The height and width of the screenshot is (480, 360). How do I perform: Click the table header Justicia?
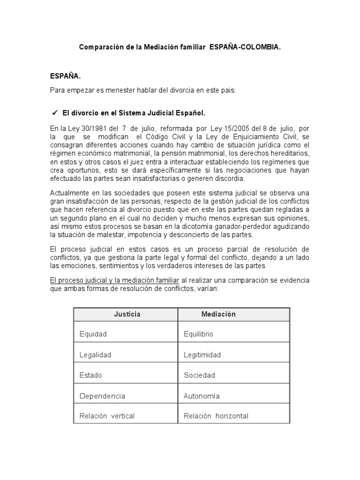(x=127, y=314)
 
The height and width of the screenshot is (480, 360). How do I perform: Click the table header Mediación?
(x=218, y=314)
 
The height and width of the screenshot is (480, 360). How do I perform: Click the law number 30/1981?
(x=95, y=128)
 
